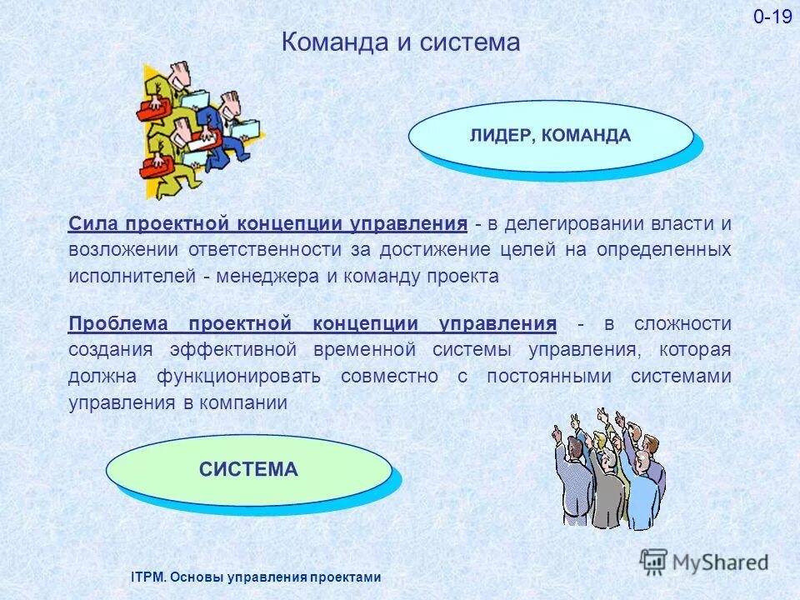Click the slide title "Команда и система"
pos(400,42)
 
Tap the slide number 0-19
pos(772,17)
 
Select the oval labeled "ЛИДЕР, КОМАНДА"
pos(550,136)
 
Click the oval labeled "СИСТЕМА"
pos(248,469)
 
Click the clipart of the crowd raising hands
pos(608,471)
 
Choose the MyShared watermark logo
pos(705,562)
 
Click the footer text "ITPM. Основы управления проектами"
pos(256,577)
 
